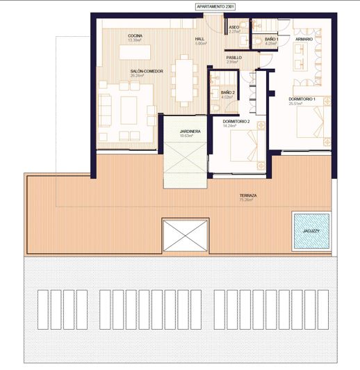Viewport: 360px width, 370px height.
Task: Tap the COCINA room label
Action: (135, 35)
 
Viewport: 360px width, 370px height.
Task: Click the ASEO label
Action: (234, 27)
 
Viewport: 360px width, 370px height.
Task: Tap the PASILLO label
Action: (234, 57)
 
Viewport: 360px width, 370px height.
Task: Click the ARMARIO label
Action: (304, 40)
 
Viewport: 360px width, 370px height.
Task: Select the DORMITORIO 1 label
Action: (302, 99)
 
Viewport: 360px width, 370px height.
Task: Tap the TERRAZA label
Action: (247, 196)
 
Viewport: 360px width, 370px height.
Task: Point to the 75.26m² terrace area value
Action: (247, 202)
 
